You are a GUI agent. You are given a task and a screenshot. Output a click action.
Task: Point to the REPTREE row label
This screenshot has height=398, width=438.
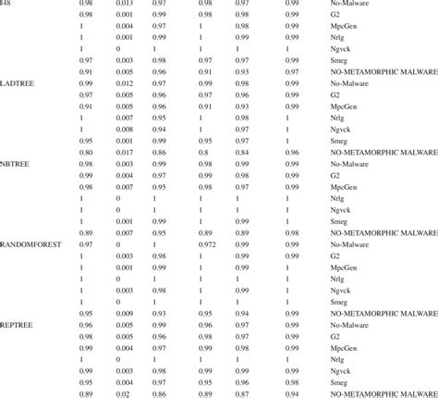19,325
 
